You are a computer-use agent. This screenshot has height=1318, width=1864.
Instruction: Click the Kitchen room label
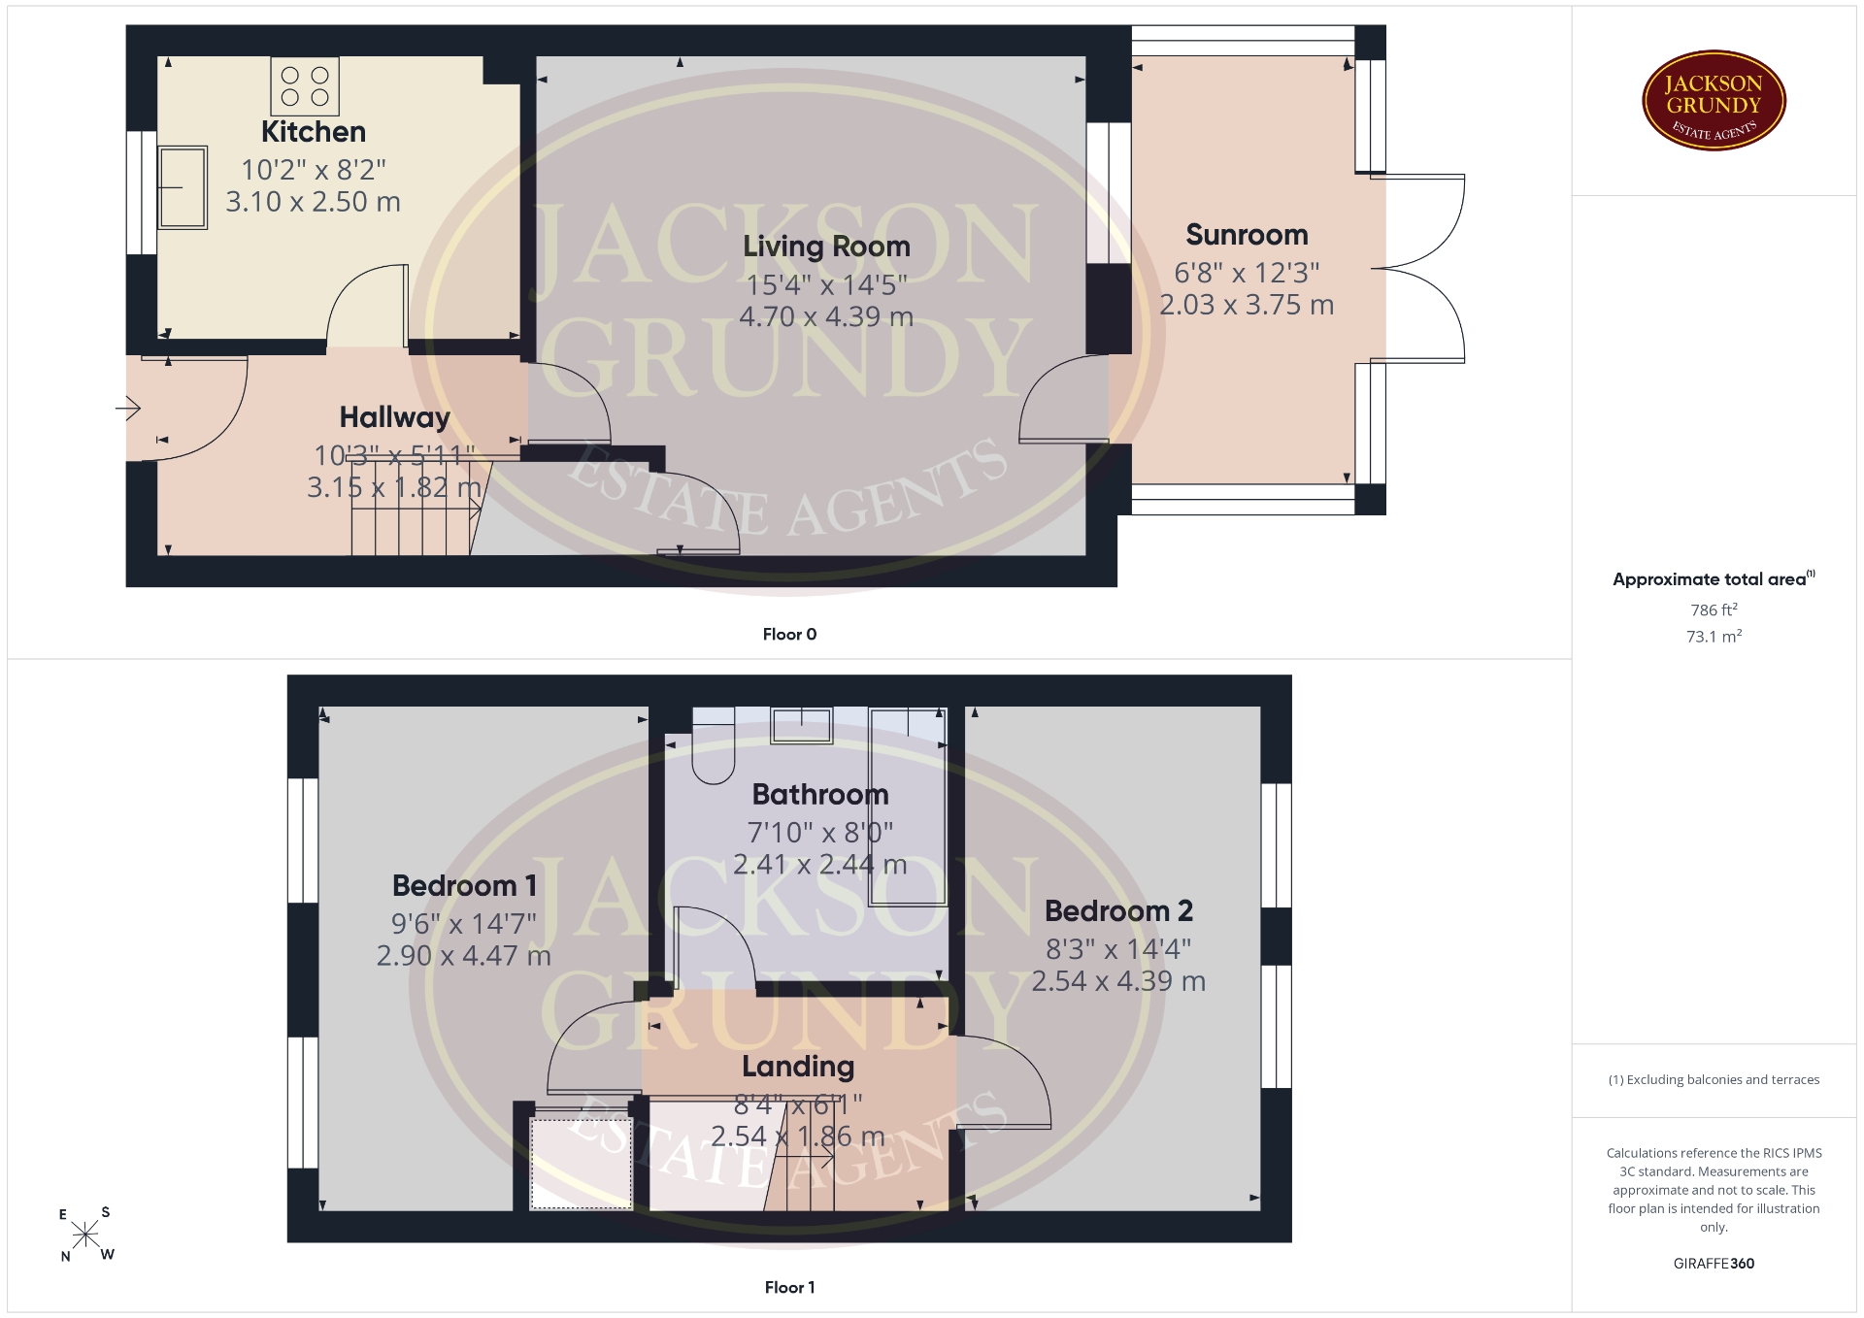[314, 132]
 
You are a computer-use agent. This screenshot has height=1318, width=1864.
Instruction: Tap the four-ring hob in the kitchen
[305, 85]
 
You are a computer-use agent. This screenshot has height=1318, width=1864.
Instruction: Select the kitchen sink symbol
[182, 187]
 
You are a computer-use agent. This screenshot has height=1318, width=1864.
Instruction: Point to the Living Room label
[826, 247]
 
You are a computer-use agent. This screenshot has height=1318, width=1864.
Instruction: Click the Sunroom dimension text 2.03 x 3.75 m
[1247, 305]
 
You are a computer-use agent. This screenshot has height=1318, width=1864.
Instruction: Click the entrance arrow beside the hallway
[128, 408]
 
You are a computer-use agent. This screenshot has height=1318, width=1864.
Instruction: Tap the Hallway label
[394, 417]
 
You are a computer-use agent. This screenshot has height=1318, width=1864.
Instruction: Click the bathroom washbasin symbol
[801, 725]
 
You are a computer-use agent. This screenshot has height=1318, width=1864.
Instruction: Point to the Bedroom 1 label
[464, 886]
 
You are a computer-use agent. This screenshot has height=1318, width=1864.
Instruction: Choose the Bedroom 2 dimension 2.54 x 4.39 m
[1118, 981]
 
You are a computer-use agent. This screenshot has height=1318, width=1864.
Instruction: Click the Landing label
[798, 1067]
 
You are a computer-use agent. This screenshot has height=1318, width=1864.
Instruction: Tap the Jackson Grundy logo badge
[1714, 101]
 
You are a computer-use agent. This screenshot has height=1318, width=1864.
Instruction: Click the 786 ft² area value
[1714, 610]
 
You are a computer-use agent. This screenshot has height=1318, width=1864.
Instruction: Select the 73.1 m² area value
[1714, 636]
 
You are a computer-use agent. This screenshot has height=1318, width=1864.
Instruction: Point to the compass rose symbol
[85, 1235]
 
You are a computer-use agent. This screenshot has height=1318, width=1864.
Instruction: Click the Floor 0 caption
[789, 634]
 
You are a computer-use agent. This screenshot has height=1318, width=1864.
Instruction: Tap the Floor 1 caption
[789, 1287]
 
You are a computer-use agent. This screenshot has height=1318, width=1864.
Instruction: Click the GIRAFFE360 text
[1714, 1263]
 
